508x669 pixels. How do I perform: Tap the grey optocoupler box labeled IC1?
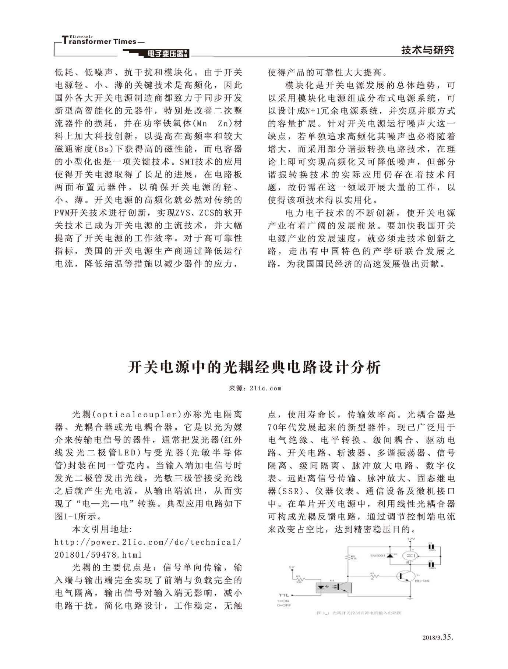334,587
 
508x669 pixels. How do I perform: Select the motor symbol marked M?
410,556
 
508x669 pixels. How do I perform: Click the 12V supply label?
410,539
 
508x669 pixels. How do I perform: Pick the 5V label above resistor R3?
292,567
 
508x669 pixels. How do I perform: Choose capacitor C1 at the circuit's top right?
431,547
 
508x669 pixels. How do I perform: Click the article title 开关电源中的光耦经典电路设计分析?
254,367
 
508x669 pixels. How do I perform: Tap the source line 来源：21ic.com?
255,388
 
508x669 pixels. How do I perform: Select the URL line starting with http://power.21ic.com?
148,542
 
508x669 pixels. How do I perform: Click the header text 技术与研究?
427,50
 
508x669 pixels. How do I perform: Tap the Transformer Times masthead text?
99,41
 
